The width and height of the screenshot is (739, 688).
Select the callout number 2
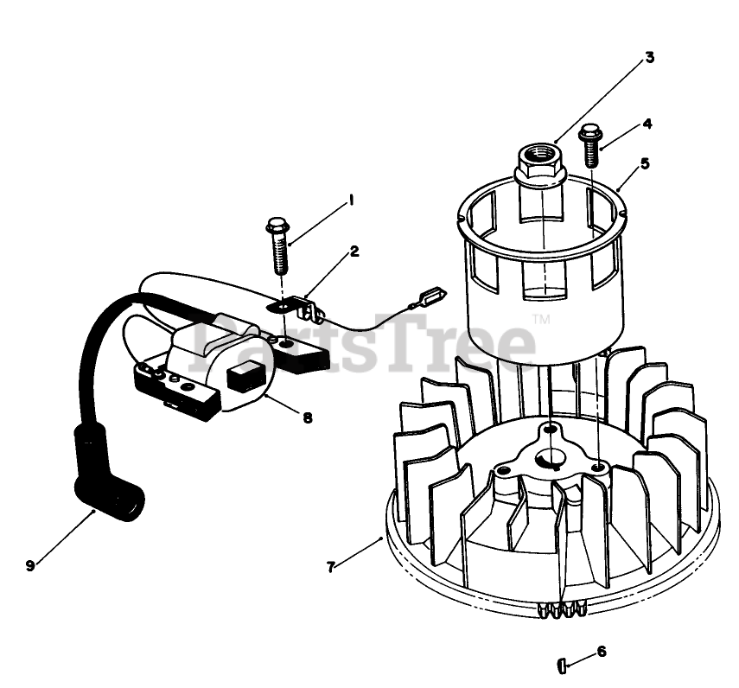(x=354, y=252)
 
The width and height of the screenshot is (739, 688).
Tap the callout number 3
(x=649, y=59)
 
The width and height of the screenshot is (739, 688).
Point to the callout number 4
(x=647, y=124)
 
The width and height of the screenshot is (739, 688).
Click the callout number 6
(x=602, y=651)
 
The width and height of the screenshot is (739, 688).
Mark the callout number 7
(x=331, y=567)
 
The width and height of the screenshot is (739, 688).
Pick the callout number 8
(x=307, y=417)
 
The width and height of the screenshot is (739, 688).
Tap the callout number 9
(x=30, y=565)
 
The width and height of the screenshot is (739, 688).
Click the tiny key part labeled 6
(x=562, y=665)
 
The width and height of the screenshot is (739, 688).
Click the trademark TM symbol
(x=542, y=319)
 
